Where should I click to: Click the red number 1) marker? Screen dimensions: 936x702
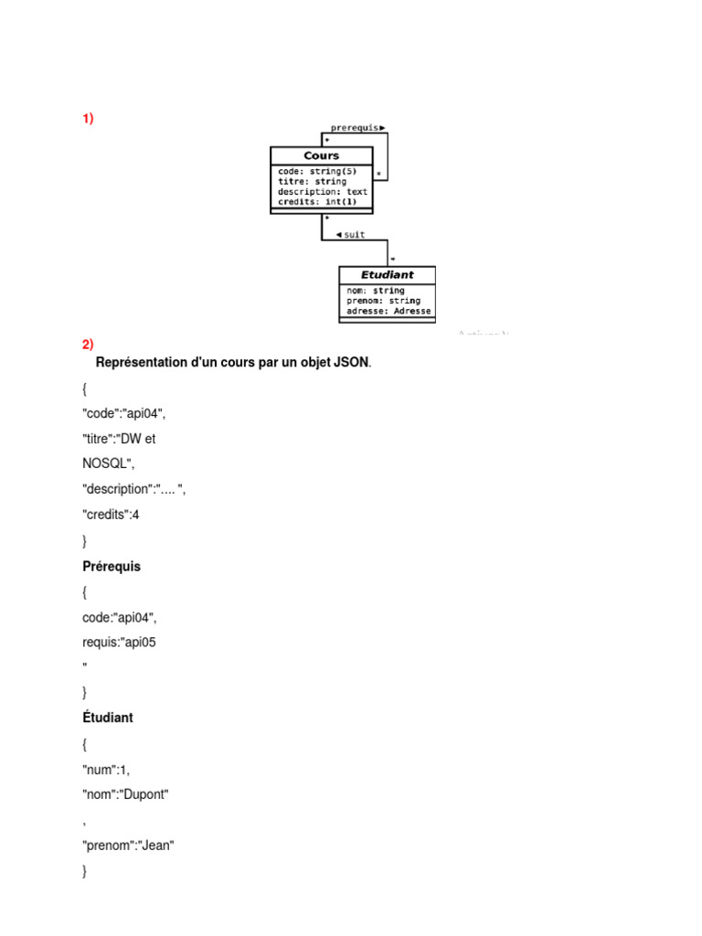(88, 119)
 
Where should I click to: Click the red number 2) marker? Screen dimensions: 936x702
(88, 345)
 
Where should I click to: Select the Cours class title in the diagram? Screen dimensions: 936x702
(321, 155)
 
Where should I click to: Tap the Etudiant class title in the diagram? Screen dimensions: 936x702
(387, 274)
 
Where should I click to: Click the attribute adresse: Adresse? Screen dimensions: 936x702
(388, 311)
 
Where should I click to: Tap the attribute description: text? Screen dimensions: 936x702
(323, 191)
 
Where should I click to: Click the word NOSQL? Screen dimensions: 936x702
(106, 463)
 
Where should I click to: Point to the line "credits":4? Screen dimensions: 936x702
(111, 515)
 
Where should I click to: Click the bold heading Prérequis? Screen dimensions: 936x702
(112, 567)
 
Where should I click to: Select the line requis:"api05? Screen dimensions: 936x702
(119, 642)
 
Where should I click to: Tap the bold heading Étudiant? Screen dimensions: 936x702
(108, 718)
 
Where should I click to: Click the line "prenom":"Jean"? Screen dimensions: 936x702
(128, 846)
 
